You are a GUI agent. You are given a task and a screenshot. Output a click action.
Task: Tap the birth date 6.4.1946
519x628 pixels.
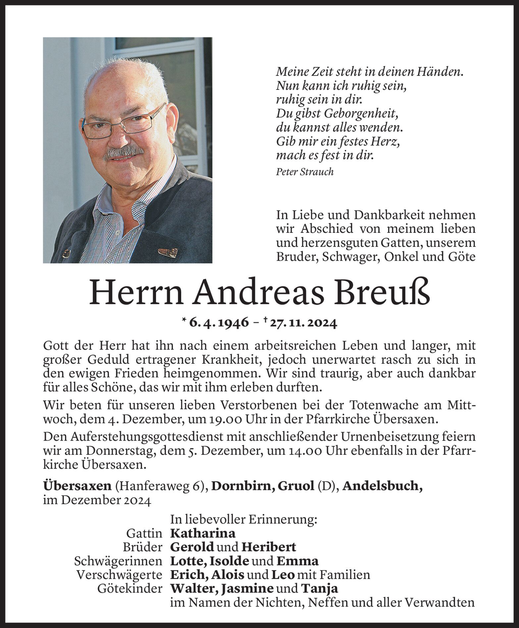(219, 322)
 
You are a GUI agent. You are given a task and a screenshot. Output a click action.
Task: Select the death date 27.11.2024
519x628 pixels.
(303, 322)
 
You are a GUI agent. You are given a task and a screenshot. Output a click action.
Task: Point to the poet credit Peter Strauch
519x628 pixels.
(304, 172)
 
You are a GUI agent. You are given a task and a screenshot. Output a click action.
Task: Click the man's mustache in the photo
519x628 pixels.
(123, 153)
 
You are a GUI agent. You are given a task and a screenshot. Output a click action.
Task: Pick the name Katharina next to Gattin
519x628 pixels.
(203, 533)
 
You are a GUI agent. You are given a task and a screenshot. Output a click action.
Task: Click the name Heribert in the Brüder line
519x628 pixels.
(269, 547)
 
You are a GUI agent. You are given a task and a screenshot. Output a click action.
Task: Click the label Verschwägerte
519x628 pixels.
(119, 575)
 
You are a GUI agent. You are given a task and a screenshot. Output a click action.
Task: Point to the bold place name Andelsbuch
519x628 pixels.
(383, 486)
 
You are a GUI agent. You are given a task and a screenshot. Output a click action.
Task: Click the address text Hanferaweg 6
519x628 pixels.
(159, 486)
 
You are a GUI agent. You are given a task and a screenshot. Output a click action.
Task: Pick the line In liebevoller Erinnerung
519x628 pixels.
(243, 519)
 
